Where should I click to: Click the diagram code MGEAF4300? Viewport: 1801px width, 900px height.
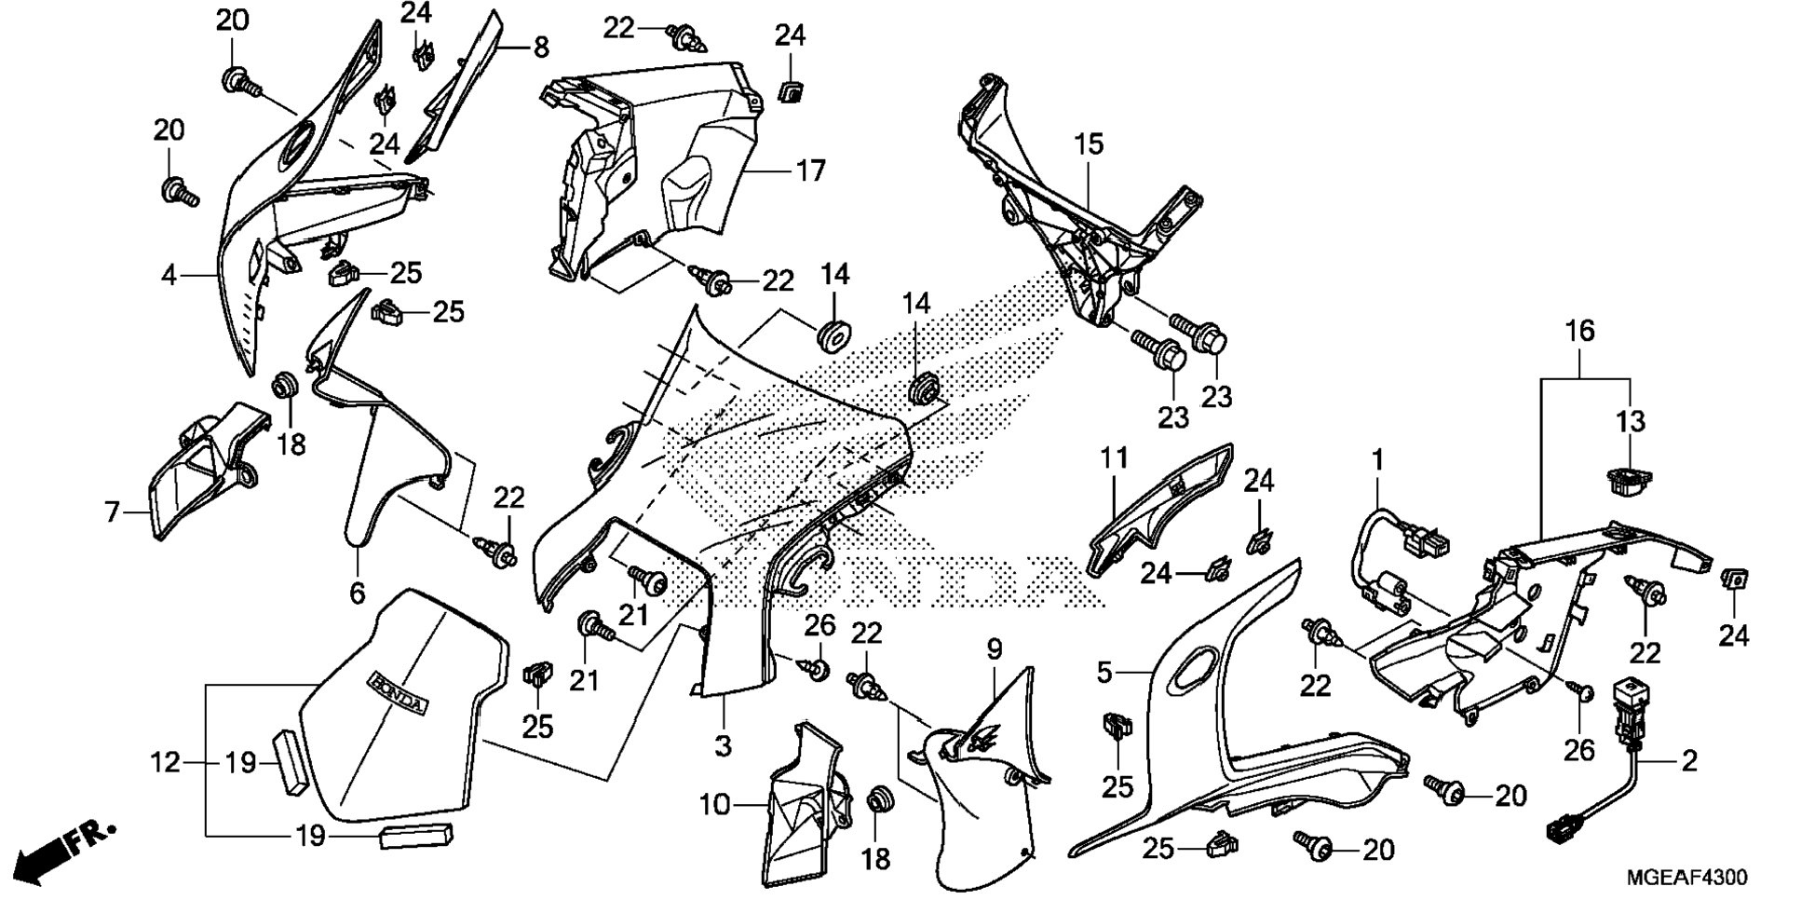pyautogui.click(x=1686, y=878)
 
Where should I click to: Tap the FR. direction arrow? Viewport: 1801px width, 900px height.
pyautogui.click(x=65, y=850)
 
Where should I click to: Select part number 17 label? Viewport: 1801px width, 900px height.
pyautogui.click(x=810, y=171)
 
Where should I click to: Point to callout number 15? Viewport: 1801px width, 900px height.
pyautogui.click(x=1088, y=144)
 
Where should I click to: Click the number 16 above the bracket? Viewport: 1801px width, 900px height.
pyautogui.click(x=1579, y=331)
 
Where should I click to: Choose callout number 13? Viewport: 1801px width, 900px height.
pyautogui.click(x=1631, y=421)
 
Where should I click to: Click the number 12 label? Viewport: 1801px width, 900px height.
pyautogui.click(x=165, y=763)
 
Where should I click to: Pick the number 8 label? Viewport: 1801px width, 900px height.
pyautogui.click(x=541, y=47)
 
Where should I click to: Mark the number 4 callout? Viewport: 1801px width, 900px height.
pyautogui.click(x=169, y=276)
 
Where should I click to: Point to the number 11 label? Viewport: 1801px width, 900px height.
pyautogui.click(x=1114, y=457)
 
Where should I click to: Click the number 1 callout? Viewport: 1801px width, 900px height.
pyautogui.click(x=1377, y=460)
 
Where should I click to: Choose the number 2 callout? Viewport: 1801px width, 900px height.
pyautogui.click(x=1688, y=761)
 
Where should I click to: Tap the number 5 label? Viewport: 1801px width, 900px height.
pyautogui.click(x=1104, y=672)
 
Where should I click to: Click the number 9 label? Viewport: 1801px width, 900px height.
pyautogui.click(x=994, y=649)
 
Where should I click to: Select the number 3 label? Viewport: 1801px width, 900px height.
pyautogui.click(x=723, y=745)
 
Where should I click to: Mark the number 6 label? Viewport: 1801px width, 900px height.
pyautogui.click(x=358, y=592)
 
